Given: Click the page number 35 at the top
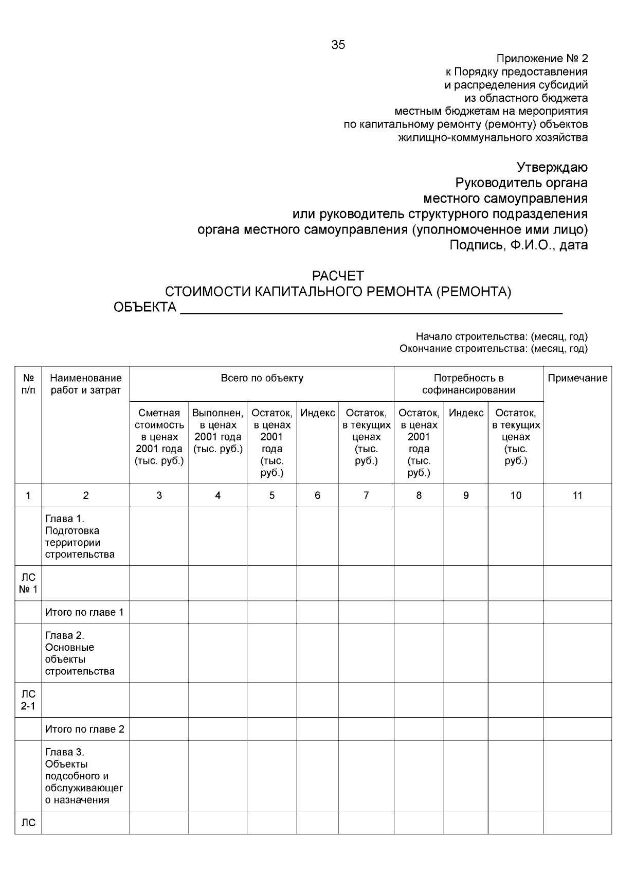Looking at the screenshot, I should (338, 45).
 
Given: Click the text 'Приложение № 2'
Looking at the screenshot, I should (542, 58).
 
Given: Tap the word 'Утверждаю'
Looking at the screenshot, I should (552, 168).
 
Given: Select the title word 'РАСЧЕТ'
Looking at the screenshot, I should (338, 276).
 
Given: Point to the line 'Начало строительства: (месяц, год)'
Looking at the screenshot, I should (501, 337).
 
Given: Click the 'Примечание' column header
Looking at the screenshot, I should (577, 379).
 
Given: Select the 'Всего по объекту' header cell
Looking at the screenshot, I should (262, 379).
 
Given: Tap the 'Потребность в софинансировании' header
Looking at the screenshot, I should (468, 384).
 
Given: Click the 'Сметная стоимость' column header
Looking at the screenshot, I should (159, 437).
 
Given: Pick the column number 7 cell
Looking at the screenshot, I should (366, 495).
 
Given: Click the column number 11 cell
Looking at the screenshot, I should (577, 495).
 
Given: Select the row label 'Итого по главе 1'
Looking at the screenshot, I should (84, 612).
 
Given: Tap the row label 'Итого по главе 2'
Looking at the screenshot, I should (84, 729).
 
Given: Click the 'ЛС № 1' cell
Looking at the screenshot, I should (28, 583).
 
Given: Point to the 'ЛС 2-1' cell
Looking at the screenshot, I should (28, 700).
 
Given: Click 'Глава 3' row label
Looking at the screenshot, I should (84, 776).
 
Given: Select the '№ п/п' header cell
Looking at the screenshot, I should (28, 384).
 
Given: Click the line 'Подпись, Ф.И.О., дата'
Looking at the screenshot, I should (518, 245).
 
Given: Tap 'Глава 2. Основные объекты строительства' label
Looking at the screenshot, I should (80, 653).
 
